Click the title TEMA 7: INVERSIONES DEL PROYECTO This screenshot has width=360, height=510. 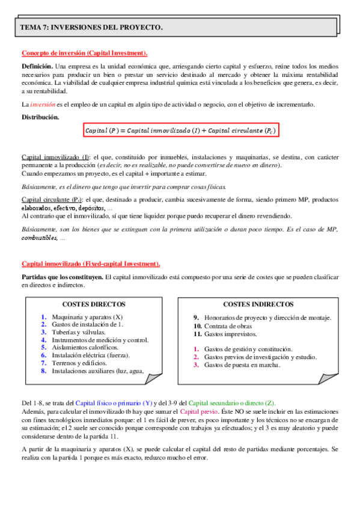[x=91, y=28]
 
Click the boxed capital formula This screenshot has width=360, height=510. [x=180, y=131]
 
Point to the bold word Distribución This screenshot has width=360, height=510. [x=40, y=117]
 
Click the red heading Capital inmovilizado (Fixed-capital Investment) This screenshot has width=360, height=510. [x=91, y=263]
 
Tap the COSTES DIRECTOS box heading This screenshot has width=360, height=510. [x=93, y=305]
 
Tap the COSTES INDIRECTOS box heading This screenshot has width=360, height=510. [x=258, y=304]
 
